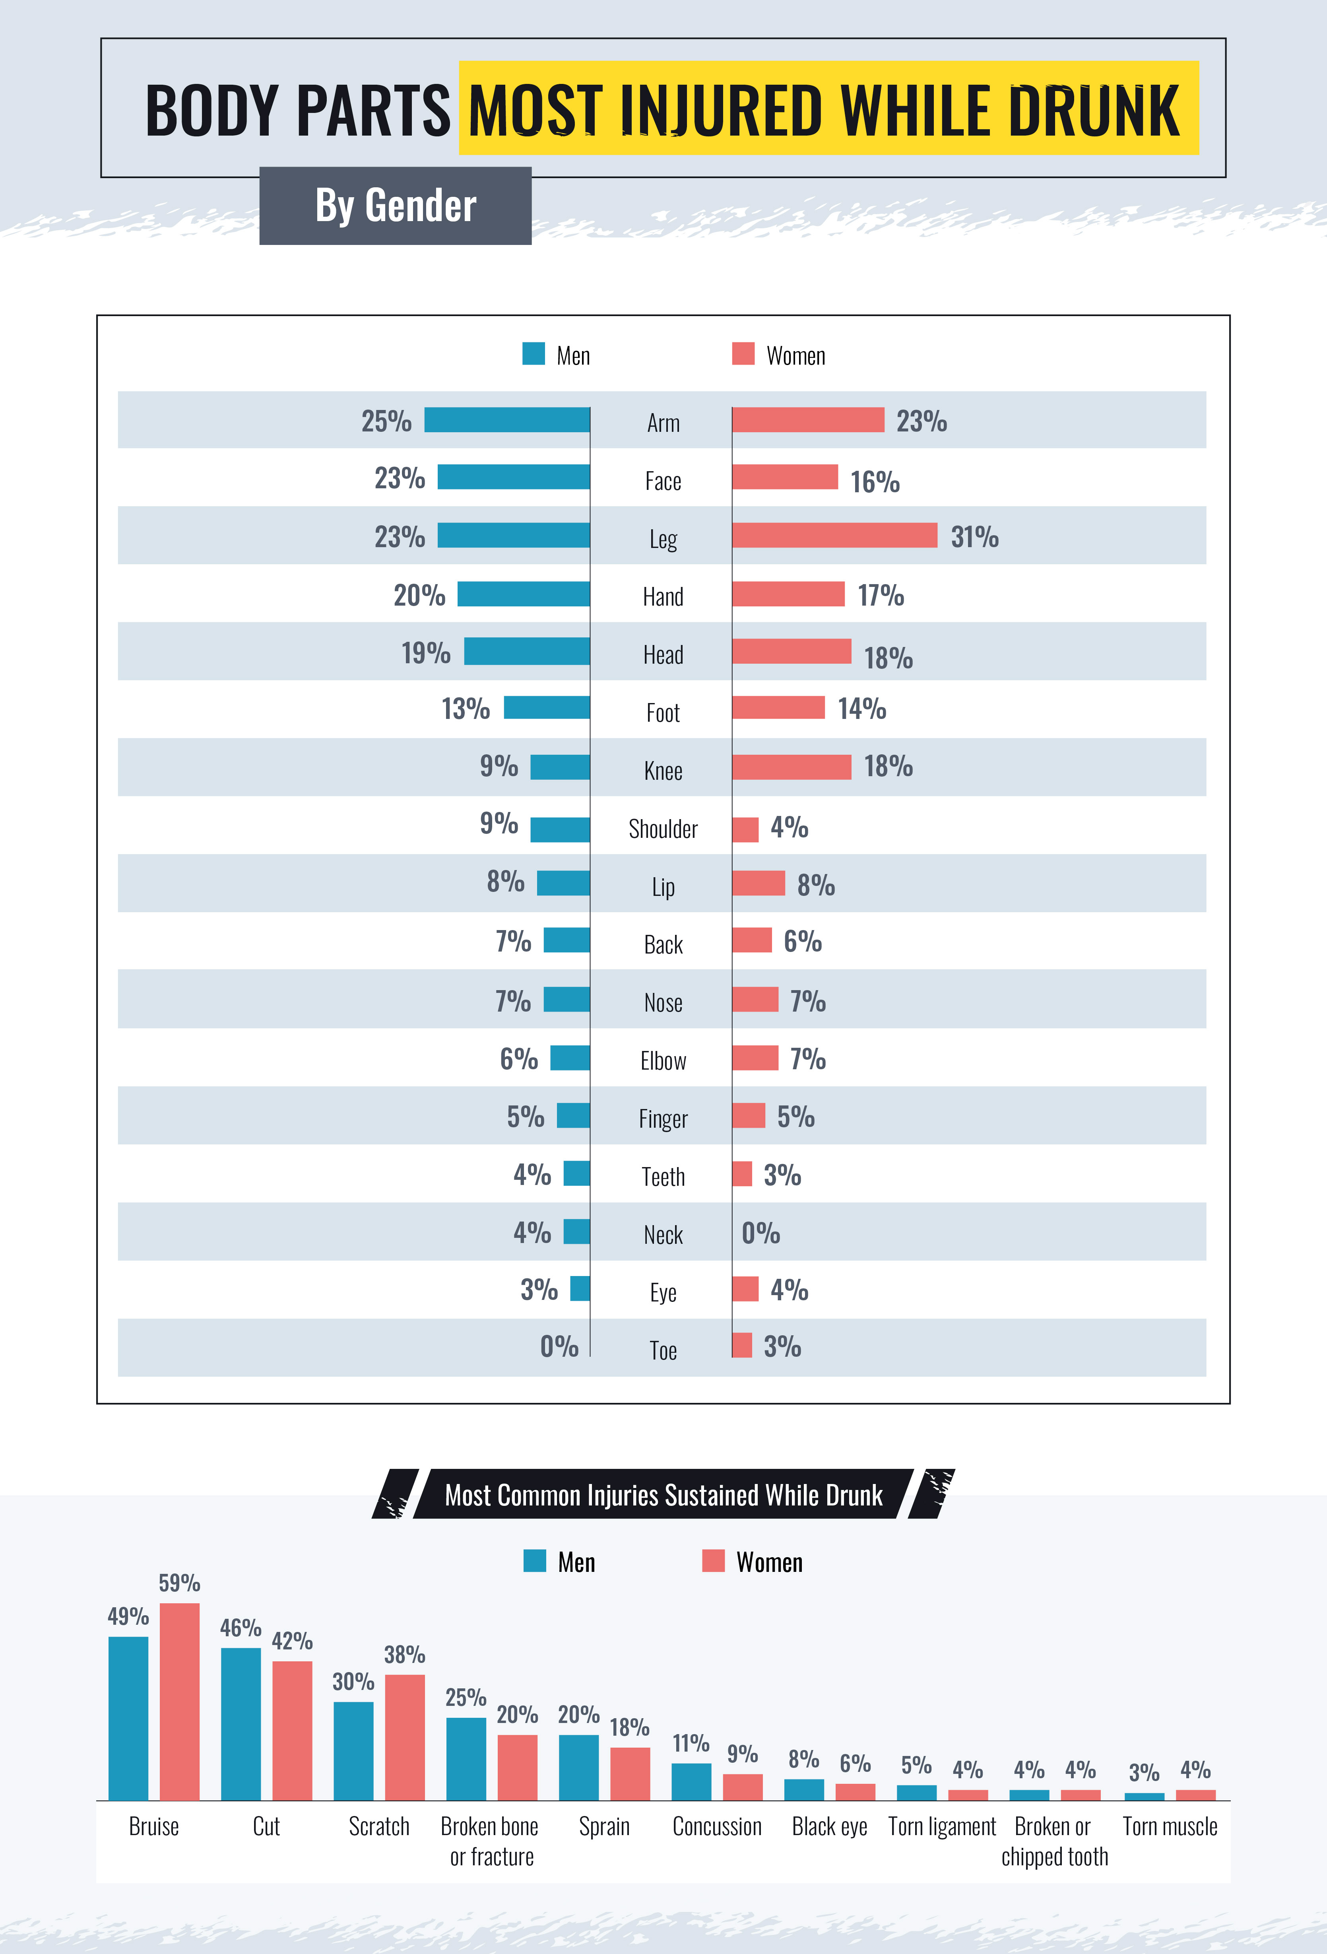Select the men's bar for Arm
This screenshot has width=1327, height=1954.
point(507,420)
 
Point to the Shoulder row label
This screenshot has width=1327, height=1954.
point(663,829)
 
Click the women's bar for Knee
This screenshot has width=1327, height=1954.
point(791,767)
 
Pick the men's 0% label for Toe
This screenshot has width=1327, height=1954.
point(559,1347)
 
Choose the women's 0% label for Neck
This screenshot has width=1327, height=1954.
point(761,1233)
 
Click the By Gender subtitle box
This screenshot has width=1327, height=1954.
point(395,206)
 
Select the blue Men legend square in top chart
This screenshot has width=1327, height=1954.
point(534,354)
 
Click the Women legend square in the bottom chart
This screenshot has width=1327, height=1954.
point(713,1560)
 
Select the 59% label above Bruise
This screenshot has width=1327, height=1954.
point(180,1583)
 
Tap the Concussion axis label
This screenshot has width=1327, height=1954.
point(717,1826)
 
